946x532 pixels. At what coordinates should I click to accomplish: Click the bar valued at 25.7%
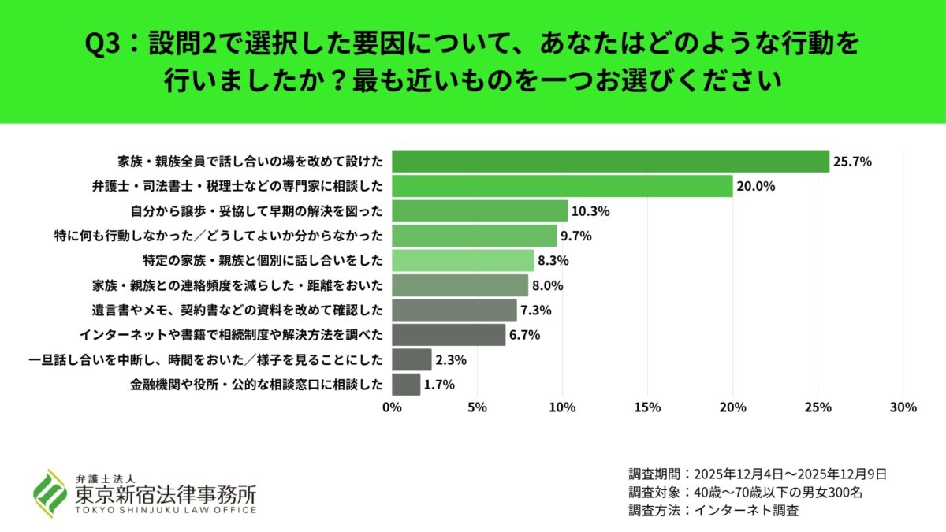tap(610, 162)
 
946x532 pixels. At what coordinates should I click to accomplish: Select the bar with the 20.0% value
tap(562, 186)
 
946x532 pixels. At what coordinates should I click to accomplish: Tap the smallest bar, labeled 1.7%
tap(406, 385)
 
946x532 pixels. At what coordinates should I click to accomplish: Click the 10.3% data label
tap(592, 211)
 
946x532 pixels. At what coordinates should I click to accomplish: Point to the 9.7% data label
tap(576, 236)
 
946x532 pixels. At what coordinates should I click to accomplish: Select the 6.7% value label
tap(525, 335)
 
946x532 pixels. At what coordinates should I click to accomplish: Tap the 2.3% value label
tap(452, 360)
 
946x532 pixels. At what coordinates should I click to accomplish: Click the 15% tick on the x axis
tap(647, 407)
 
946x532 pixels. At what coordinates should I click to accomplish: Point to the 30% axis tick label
tap(903, 407)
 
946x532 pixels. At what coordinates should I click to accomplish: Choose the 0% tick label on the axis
tap(392, 407)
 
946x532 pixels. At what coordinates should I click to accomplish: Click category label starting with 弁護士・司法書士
tap(237, 187)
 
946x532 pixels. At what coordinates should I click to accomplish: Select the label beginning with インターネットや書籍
tap(232, 335)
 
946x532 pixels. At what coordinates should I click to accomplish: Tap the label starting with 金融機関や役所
tap(257, 385)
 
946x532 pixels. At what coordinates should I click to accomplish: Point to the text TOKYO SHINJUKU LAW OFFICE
tap(166, 511)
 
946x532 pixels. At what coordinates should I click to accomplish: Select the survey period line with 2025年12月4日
tap(758, 474)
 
